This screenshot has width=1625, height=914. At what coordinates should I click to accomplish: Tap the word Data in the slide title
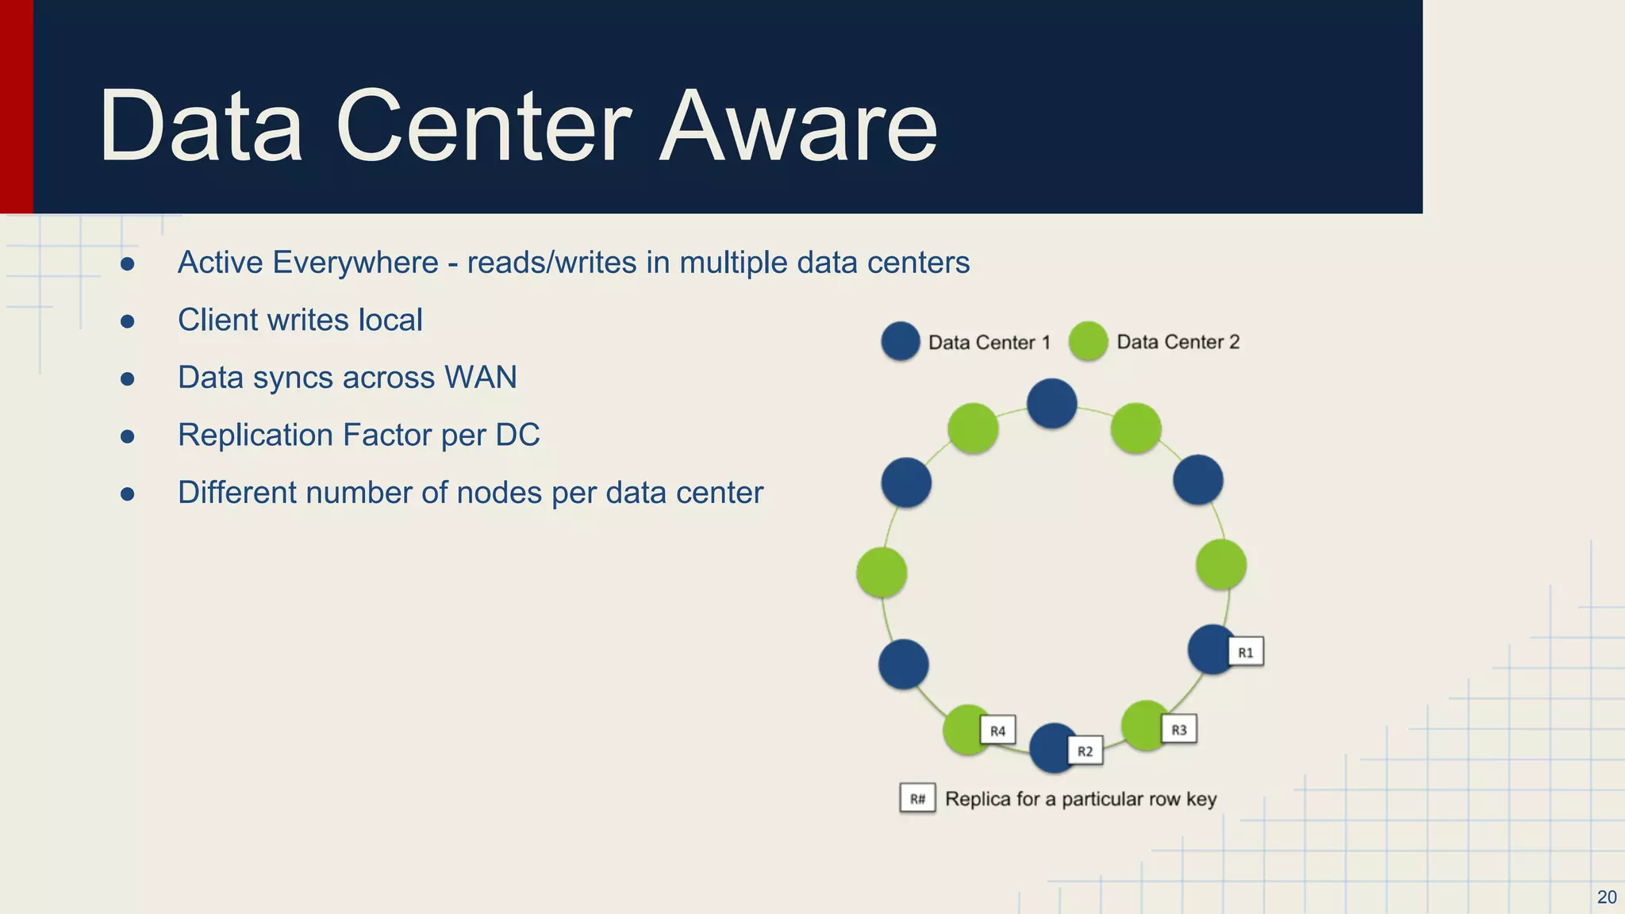tap(201, 127)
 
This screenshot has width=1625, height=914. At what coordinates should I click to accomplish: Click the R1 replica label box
tap(1246, 652)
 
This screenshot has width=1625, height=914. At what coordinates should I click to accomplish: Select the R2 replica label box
tap(1085, 751)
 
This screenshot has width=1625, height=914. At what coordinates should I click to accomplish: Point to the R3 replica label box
tap(1179, 729)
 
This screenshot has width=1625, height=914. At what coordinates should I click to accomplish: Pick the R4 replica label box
tap(997, 731)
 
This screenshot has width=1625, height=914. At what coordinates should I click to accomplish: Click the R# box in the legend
tap(917, 798)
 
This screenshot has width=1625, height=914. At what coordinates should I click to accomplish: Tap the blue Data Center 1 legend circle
tap(901, 341)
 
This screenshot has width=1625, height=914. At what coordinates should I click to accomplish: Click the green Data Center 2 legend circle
tap(1088, 341)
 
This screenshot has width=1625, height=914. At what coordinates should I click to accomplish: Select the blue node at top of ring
tap(1051, 404)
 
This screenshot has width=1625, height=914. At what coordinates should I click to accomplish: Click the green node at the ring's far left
tap(882, 572)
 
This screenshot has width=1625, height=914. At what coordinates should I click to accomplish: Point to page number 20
tap(1606, 897)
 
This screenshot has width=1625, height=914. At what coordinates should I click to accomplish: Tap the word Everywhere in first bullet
tap(355, 263)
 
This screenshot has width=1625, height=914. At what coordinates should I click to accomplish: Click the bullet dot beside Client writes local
tap(127, 321)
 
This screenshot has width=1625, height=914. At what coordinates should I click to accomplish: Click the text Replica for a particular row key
tap(1081, 799)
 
